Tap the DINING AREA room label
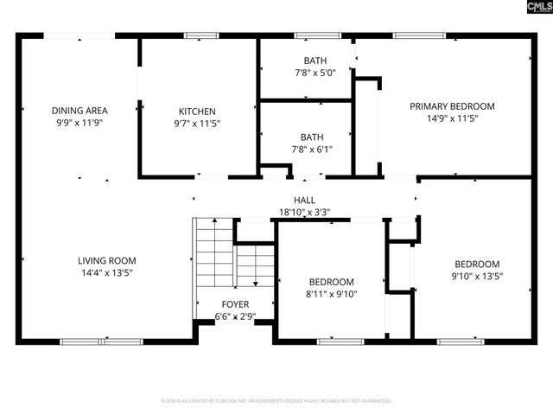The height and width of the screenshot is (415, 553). click(79, 111)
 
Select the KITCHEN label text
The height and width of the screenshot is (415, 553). click(197, 112)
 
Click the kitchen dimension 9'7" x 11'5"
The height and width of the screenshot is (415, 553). click(197, 124)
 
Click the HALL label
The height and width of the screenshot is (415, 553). click(304, 200)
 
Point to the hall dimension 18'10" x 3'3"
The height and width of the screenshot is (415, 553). click(304, 212)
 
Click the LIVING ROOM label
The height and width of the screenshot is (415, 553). click(107, 260)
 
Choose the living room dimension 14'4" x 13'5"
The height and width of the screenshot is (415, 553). click(107, 272)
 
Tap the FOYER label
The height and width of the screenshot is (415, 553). click(235, 305)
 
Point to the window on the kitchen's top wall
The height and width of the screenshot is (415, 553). click(200, 35)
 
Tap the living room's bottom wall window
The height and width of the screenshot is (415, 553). click(101, 342)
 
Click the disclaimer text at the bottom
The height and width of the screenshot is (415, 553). click(276, 401)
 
